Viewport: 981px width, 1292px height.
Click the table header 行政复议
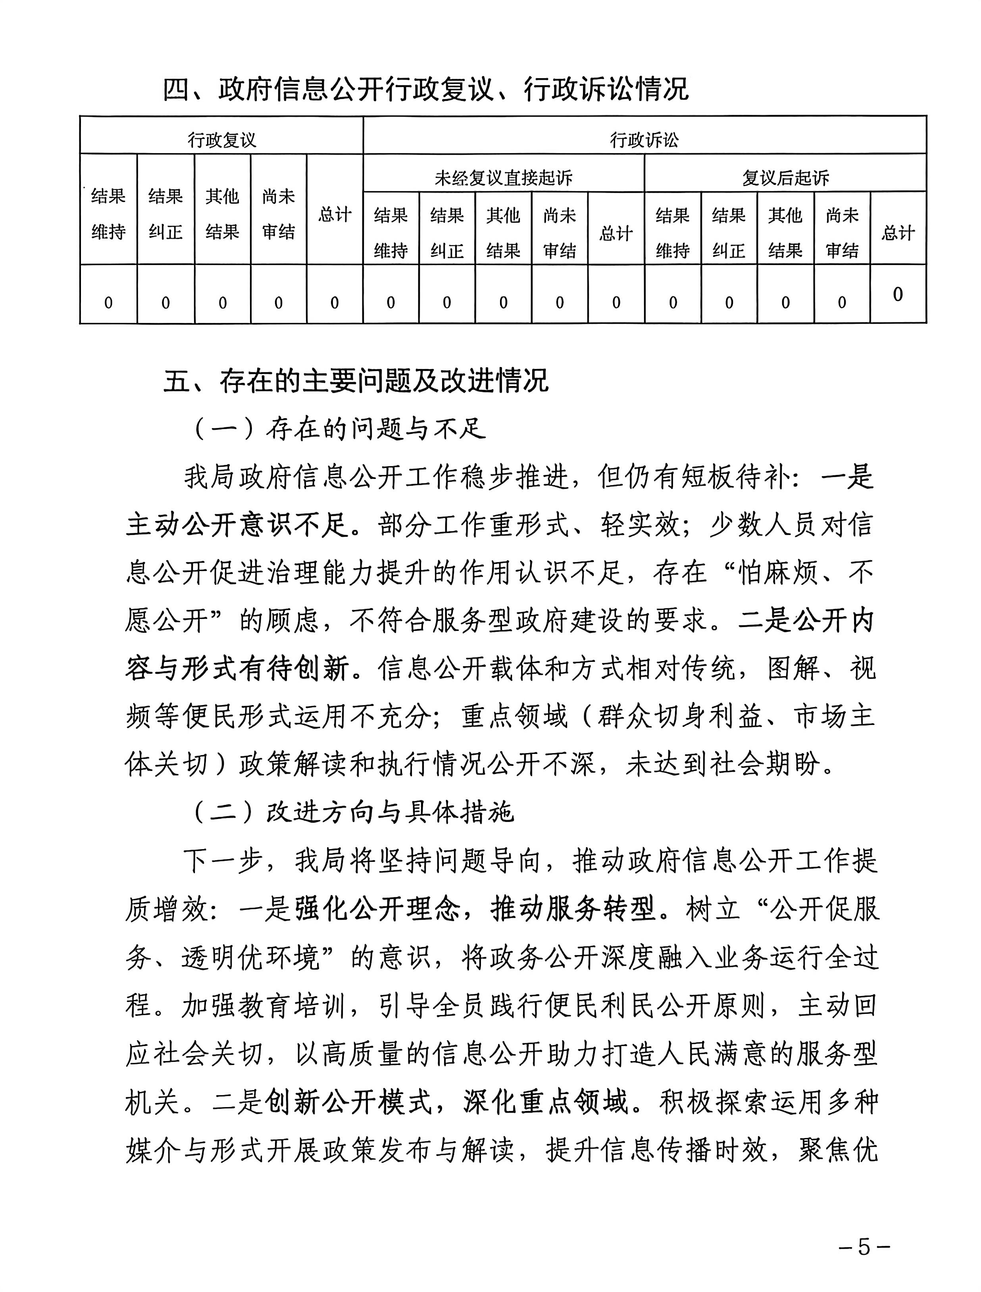pos(221,140)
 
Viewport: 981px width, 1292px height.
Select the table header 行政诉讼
pos(644,140)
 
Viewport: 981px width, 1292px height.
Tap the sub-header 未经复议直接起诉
pos(503,177)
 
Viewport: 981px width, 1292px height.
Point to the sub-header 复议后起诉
pos(785,177)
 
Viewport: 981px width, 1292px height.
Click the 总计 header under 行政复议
pos(335,214)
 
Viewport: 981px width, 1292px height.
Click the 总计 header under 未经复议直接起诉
pos(616,234)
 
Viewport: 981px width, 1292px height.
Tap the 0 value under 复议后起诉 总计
pos(898,294)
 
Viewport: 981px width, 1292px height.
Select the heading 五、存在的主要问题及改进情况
pos(355,381)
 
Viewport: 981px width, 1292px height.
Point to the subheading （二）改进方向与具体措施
pos(354,812)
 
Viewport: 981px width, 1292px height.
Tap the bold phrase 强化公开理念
pos(377,909)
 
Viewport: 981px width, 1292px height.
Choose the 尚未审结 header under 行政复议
pos(279,214)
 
